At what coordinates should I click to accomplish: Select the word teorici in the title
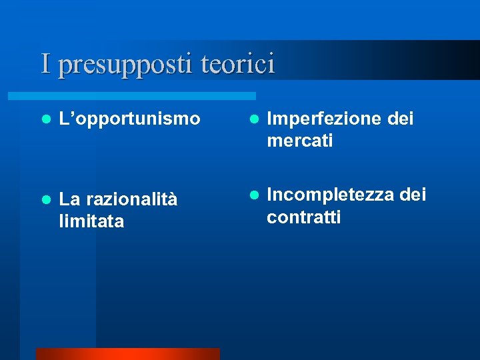pos(237,64)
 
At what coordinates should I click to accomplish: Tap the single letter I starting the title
pos(45,64)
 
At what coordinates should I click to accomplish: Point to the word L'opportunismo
pos(129,119)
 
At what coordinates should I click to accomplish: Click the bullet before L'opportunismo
pos(45,120)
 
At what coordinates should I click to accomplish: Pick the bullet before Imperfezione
pos(253,120)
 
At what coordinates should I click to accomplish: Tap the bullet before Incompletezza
pos(253,196)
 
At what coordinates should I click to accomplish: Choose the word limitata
pos(91,221)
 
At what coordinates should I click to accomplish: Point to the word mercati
pos(299,141)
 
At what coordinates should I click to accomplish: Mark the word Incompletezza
pos(330,195)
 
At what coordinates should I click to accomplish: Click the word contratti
pos(303,217)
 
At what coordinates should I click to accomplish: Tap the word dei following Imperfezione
pos(401,119)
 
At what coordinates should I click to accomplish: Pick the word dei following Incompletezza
pos(412,195)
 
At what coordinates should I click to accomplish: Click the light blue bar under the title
pos(147,96)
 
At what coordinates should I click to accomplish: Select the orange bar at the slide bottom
pos(127,354)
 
